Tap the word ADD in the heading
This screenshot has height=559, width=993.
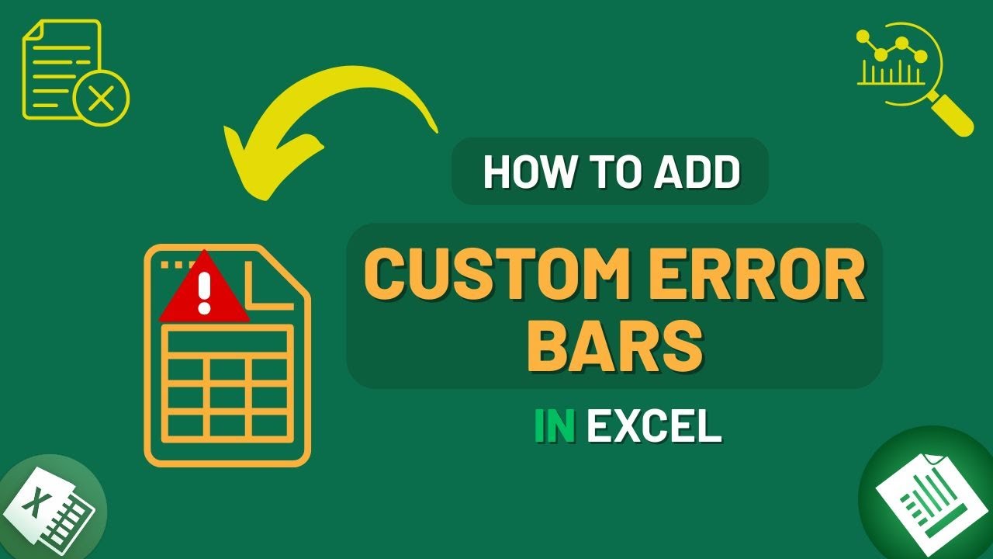pyautogui.click(x=697, y=172)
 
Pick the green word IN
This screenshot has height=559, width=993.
pyautogui.click(x=554, y=427)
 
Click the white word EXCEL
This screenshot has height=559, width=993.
pyautogui.click(x=653, y=427)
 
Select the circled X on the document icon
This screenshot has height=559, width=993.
pyautogui.click(x=102, y=99)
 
